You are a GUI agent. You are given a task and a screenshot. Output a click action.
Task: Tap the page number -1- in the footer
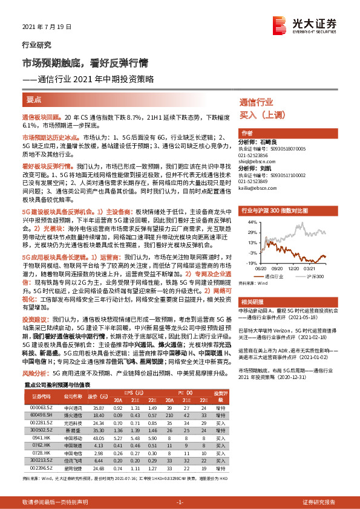pos(179,502)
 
